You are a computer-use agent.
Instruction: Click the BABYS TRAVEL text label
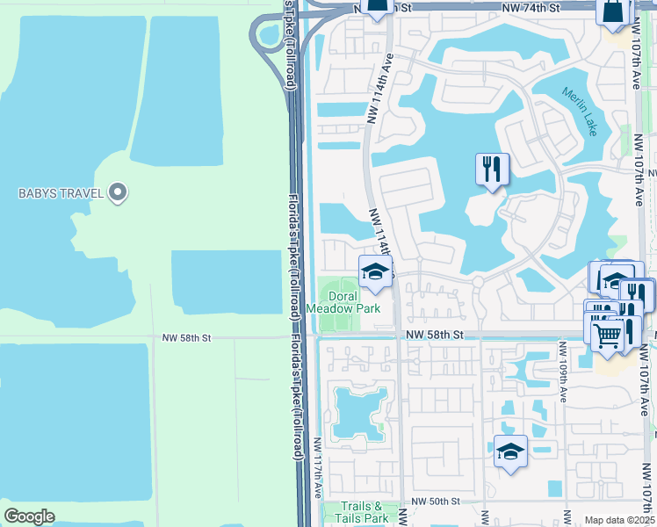pyautogui.click(x=55, y=192)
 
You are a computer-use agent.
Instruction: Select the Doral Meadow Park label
pyautogui.click(x=343, y=303)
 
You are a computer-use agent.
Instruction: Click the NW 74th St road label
pyautogui.click(x=531, y=7)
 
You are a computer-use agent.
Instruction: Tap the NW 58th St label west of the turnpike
pyautogui.click(x=187, y=337)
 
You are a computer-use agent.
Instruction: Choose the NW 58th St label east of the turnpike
pyautogui.click(x=433, y=335)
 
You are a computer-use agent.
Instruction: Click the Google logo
pyautogui.click(x=28, y=516)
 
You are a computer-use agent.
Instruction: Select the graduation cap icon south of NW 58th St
pyautogui.click(x=510, y=451)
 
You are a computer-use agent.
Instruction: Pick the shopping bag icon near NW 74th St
pyautogui.click(x=613, y=12)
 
